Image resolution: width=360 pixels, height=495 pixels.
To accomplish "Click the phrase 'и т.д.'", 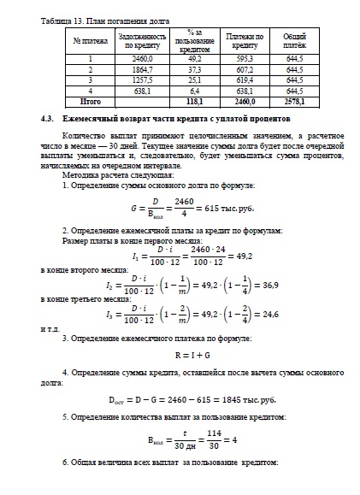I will click(51, 329).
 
